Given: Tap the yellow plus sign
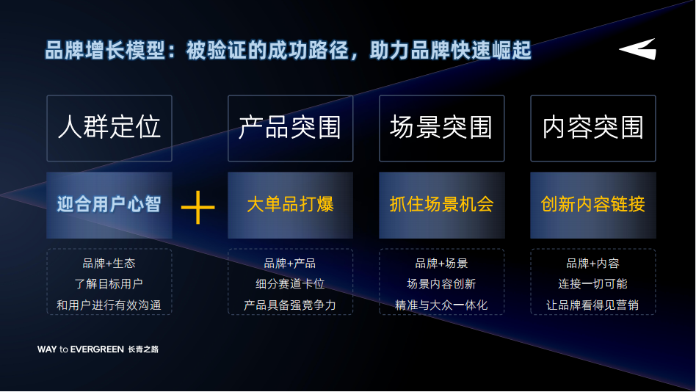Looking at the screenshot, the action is point(198,207).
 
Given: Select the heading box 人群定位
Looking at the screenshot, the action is point(109,128).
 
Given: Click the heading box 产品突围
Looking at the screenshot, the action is point(290,128).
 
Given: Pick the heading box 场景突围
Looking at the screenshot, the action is point(442,128).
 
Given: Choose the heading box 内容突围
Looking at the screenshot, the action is point(593,128).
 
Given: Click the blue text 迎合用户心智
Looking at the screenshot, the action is point(109,204).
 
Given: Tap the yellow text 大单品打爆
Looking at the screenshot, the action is point(290,204).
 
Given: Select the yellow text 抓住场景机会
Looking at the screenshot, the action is point(442,204).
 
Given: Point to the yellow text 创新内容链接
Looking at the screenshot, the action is point(593,204).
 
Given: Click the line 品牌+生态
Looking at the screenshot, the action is point(109,264).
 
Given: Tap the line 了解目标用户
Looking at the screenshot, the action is point(109,284).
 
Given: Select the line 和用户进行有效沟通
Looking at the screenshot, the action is point(109,305).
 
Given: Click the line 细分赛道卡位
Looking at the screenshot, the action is point(290,284).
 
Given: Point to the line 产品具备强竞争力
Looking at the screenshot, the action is point(290,305).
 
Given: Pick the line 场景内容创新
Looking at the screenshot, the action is point(442,284).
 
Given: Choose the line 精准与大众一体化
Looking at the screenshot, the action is point(442,305).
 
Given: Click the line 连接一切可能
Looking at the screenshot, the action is point(593,284).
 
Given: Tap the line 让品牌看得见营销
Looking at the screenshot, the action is point(593,305).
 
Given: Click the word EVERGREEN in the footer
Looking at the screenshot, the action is point(97,349).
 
